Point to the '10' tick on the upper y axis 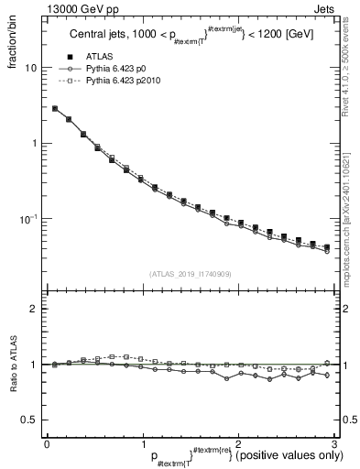(30, 69)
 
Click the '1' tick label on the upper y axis (33, 144)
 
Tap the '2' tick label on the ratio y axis (34, 310)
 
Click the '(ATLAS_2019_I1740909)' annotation (189, 273)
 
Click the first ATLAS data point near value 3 (55, 108)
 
